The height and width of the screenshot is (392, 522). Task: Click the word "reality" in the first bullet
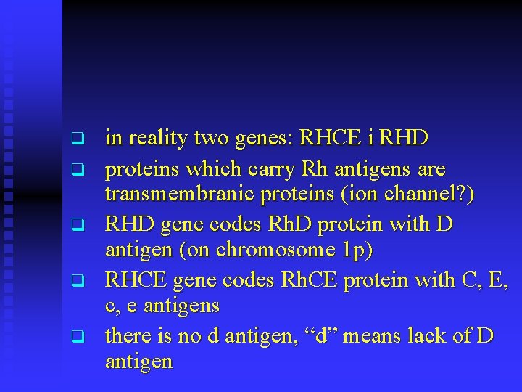point(154,137)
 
